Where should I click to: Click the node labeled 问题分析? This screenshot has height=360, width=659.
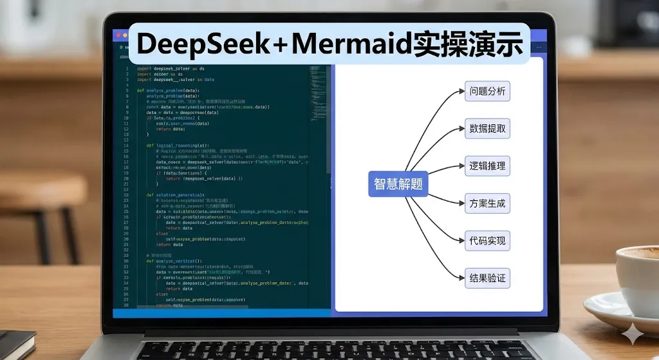pyautogui.click(x=487, y=91)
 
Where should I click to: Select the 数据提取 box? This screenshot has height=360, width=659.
pyautogui.click(x=487, y=129)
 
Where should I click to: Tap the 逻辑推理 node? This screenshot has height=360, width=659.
pyautogui.click(x=487, y=166)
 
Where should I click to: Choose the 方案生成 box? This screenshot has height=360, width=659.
pyautogui.click(x=487, y=204)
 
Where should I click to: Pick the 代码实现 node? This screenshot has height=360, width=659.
pyautogui.click(x=487, y=242)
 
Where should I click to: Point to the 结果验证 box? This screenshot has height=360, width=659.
pyautogui.click(x=487, y=279)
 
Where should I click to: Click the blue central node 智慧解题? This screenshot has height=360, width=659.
pyautogui.click(x=398, y=184)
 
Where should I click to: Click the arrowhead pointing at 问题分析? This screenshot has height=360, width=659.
pyautogui.click(x=461, y=91)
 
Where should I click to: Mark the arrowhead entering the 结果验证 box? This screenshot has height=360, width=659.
pyautogui.click(x=461, y=279)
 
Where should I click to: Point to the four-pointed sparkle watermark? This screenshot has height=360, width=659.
pyautogui.click(x=635, y=334)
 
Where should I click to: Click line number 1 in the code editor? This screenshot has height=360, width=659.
pyautogui.click(x=127, y=68)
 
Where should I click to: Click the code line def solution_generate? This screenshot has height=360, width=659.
pyautogui.click(x=175, y=194)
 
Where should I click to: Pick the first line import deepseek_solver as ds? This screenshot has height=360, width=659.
pyautogui.click(x=171, y=68)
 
